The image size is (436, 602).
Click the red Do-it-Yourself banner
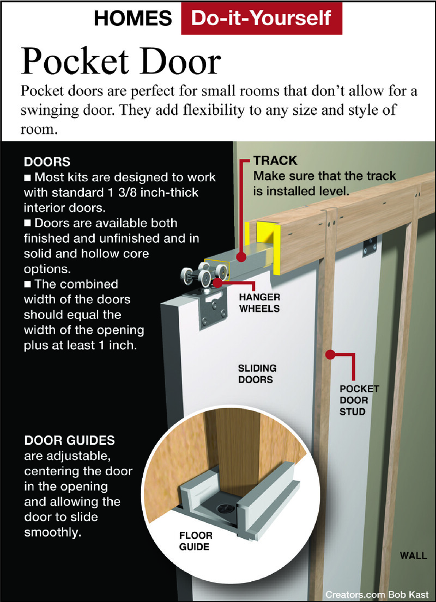tap(262, 18)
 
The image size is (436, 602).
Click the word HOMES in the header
tap(132, 19)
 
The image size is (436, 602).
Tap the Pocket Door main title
tap(121, 62)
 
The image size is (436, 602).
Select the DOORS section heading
tap(47, 162)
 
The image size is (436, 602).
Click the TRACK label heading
tap(275, 161)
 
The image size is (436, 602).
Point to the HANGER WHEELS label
tap(259, 303)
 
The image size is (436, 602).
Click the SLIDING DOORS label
tap(257, 373)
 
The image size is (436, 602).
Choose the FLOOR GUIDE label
tap(195, 541)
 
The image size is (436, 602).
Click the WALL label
tap(413, 556)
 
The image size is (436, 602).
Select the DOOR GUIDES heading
tap(70, 440)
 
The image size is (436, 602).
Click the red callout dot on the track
tap(241, 256)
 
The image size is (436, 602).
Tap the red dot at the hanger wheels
tap(217, 283)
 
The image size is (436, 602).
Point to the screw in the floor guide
tap(223, 509)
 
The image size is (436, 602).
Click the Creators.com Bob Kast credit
tap(377, 594)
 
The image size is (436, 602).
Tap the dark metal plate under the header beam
tap(370, 246)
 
